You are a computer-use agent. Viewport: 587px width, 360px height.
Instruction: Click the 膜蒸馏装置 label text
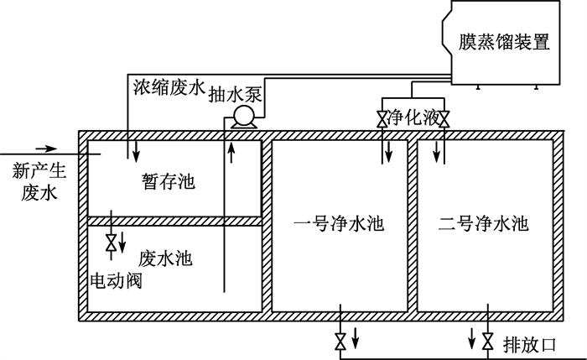point(504,42)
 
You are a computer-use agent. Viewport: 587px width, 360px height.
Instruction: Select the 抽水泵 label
point(235,94)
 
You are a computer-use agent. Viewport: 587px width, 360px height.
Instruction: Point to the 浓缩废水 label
point(169,87)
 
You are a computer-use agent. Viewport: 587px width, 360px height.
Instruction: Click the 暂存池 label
point(169,182)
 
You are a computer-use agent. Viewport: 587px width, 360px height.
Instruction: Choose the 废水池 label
point(165,258)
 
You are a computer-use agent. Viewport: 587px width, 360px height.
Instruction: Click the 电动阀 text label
point(116,279)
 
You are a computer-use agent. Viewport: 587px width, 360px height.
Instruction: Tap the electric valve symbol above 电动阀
point(111,243)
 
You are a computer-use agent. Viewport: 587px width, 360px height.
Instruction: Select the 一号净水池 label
point(339,224)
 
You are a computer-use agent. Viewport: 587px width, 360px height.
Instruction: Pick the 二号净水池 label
point(483,224)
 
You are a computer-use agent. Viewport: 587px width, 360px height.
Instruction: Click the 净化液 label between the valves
point(413,117)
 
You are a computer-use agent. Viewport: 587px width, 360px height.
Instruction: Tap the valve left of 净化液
point(382,119)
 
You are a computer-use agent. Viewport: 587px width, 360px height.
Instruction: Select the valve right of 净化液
point(444,119)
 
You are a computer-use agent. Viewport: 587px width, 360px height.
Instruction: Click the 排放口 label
point(529,345)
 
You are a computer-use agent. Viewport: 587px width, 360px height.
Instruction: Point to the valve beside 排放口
point(487,342)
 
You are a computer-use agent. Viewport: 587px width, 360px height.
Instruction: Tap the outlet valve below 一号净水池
point(340,342)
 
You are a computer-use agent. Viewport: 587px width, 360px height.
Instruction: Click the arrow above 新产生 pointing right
point(46,149)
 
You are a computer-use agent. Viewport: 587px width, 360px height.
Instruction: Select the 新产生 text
point(39,171)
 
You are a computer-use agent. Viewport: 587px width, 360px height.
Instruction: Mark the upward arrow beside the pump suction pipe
point(231,153)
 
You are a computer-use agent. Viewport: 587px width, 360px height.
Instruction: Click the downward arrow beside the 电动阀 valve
point(122,243)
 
